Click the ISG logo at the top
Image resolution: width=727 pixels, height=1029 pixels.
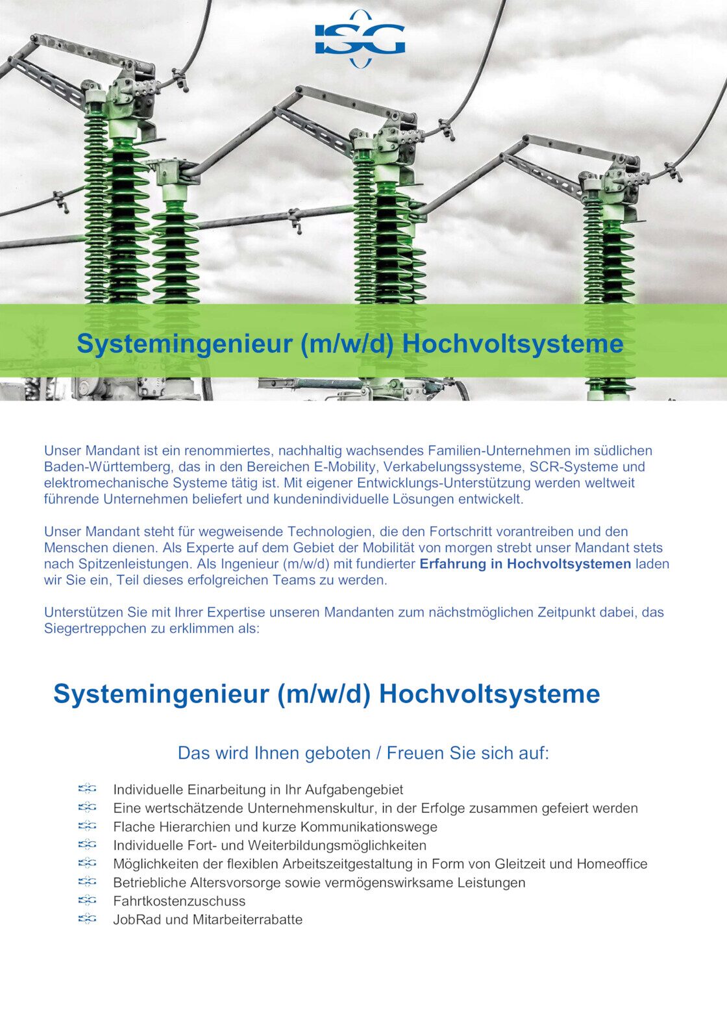click(x=360, y=39)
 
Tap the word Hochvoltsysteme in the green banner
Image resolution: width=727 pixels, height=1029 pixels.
click(x=513, y=344)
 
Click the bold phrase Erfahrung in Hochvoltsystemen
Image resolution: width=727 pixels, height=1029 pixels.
click(x=525, y=564)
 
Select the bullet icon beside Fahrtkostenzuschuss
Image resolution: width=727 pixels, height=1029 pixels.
click(x=87, y=901)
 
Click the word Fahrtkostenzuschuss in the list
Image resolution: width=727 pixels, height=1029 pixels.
click(x=179, y=902)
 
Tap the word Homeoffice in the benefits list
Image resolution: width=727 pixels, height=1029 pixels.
click(x=612, y=864)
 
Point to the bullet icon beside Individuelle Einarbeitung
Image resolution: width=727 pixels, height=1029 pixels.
click(x=87, y=789)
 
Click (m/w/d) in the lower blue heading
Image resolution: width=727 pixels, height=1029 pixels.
click(x=324, y=694)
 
